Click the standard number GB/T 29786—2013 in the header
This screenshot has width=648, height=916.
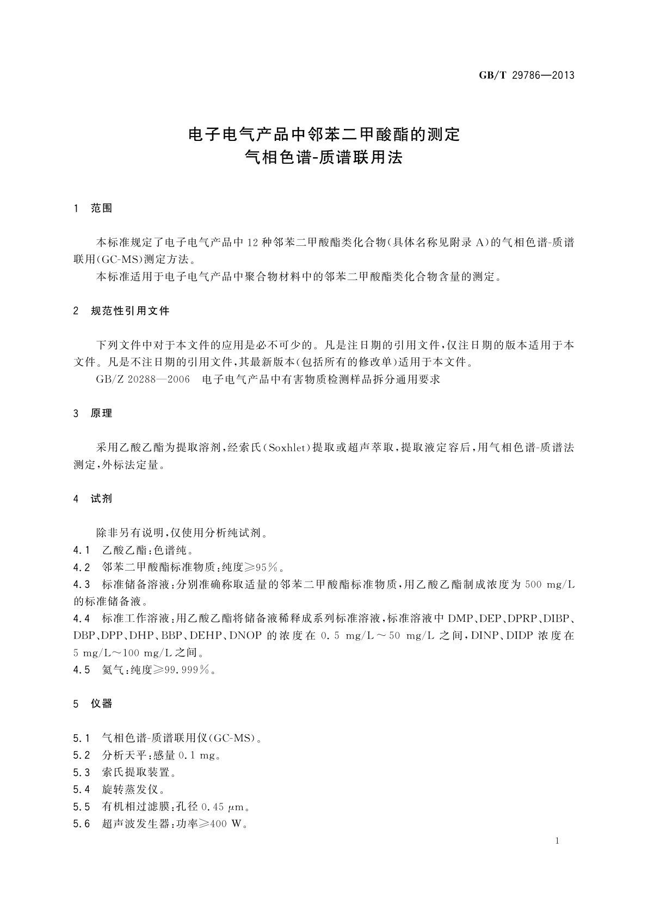point(526,76)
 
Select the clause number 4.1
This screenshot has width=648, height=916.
point(81,550)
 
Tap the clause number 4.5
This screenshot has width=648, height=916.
point(81,670)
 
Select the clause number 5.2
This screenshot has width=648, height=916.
point(81,755)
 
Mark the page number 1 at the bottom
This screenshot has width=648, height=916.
point(558,841)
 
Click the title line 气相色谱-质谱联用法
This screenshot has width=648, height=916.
point(324,158)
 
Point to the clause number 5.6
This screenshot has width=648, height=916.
point(81,824)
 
